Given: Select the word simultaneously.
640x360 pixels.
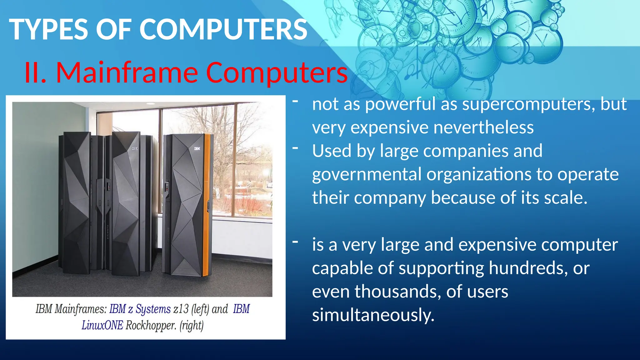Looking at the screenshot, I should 373,315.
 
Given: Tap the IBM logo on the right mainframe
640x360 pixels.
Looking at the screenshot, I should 197,148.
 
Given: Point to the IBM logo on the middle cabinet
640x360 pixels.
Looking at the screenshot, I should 134,148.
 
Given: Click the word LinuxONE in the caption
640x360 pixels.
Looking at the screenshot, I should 102,325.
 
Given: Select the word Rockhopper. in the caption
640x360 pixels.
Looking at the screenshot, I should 151,325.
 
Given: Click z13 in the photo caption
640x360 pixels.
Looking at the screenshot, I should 181,309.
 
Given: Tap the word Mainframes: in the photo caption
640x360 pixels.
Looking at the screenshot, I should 81,309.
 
